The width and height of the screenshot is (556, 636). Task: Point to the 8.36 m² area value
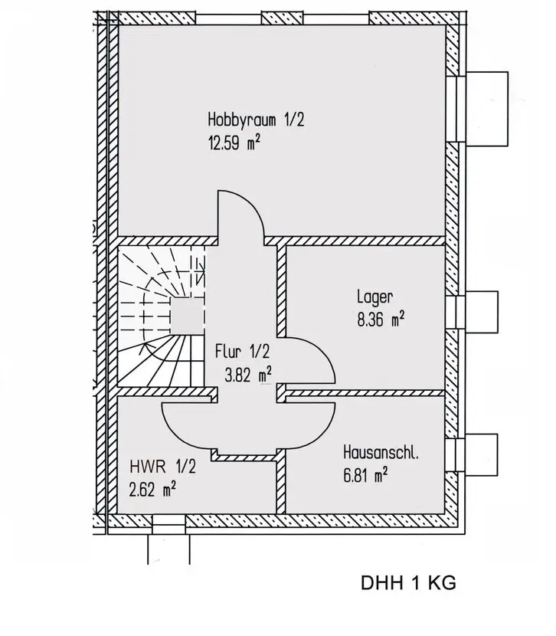[381, 320]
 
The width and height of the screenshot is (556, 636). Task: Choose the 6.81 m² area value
[365, 475]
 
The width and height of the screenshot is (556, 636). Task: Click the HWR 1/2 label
[162, 466]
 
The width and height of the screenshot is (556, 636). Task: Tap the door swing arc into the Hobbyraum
[240, 215]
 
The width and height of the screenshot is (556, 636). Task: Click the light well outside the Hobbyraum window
[486, 107]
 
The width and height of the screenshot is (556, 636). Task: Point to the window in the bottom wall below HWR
[169, 523]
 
